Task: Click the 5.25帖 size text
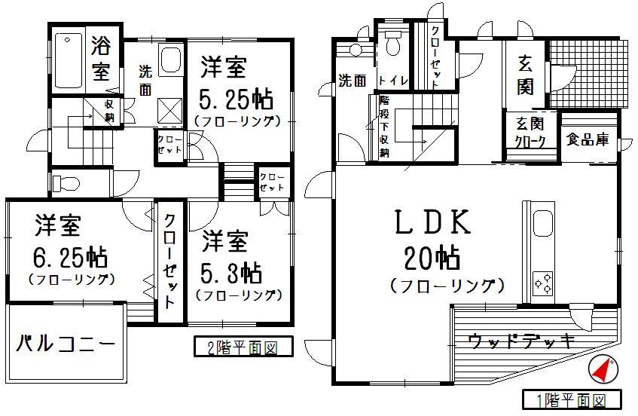[x=235, y=99]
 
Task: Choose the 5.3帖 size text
[x=231, y=271]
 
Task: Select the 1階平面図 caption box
[x=572, y=399]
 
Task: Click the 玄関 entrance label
[x=525, y=75]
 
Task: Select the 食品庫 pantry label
[x=588, y=139]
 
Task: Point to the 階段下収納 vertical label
[x=384, y=127]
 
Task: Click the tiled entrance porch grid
[x=588, y=69]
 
